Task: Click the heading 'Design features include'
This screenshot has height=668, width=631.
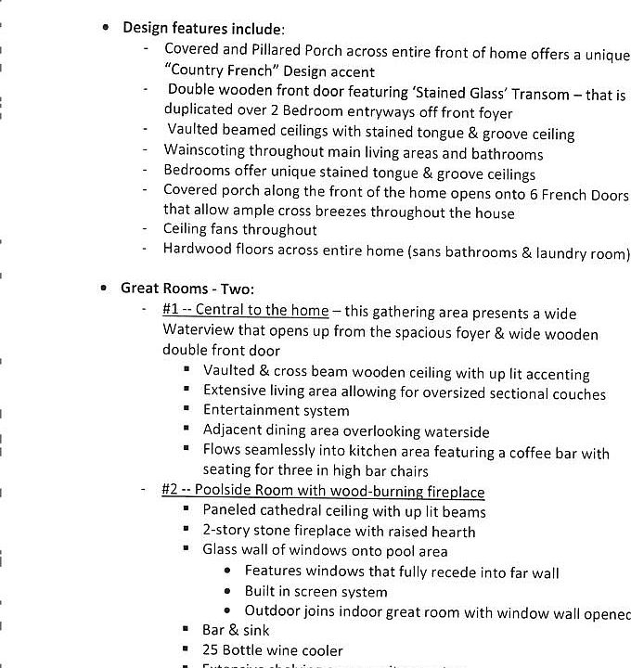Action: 203,28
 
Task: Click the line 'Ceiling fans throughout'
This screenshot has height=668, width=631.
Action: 239,229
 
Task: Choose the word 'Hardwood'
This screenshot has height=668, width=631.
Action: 195,249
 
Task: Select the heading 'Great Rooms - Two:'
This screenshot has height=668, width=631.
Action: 187,289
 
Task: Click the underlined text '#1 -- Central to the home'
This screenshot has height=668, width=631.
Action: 245,310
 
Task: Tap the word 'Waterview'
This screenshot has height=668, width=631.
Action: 198,331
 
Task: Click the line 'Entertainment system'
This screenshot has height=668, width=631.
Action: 277,411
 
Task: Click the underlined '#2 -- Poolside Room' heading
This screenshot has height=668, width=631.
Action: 323,492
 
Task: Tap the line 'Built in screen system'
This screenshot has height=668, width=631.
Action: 315,592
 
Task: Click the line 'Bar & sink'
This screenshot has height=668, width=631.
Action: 236,631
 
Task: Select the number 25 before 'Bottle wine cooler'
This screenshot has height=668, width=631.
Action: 211,650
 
